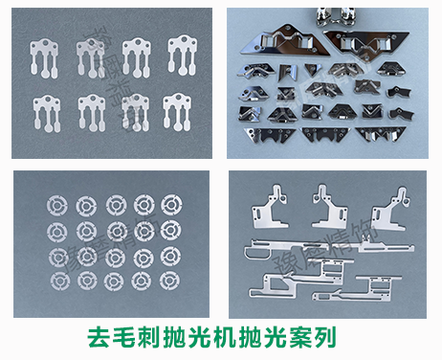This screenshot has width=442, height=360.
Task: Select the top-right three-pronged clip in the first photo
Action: (183, 54)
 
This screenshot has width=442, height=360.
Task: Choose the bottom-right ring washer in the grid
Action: (171, 281)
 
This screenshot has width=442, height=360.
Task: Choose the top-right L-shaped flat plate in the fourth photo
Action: (392, 203)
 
